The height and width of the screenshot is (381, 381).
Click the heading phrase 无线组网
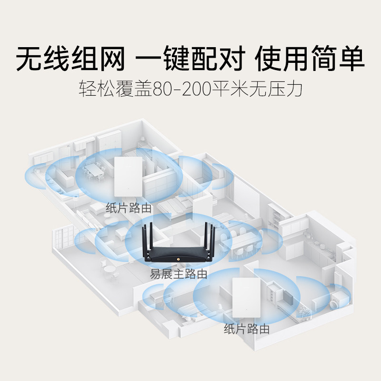pyautogui.click(x=70, y=59)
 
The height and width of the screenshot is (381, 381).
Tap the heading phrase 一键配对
pyautogui.click(x=190, y=59)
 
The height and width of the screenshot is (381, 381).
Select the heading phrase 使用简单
pyautogui.click(x=310, y=59)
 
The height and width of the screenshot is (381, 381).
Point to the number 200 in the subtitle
pyautogui.click(x=196, y=89)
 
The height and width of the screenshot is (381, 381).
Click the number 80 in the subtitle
pyautogui.click(x=161, y=89)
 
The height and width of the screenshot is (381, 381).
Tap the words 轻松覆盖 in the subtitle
pyautogui.click(x=115, y=89)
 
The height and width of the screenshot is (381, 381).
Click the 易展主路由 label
pyautogui.click(x=178, y=274)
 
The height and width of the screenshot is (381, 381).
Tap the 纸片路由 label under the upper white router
pyautogui.click(x=129, y=208)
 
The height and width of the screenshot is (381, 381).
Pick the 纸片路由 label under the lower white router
pyautogui.click(x=246, y=329)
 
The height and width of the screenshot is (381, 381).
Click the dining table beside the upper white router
pyautogui.click(x=94, y=170)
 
